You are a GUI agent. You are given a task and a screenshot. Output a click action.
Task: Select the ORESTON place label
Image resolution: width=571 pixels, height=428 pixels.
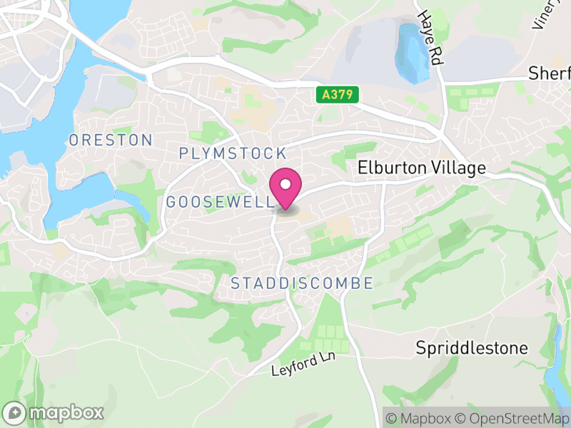tap(111, 140)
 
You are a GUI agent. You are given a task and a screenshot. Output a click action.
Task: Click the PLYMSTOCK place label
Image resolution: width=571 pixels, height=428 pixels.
tap(233, 153)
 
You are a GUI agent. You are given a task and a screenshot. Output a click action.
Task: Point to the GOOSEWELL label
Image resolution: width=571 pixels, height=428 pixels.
tap(220, 203)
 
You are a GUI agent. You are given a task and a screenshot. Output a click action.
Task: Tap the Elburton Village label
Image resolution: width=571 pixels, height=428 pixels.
tap(421, 168)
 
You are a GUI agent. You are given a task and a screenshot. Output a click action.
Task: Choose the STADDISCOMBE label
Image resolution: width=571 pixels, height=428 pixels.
tap(302, 283)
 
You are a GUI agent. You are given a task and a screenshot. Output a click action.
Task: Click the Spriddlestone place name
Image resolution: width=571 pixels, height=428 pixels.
tap(473, 348)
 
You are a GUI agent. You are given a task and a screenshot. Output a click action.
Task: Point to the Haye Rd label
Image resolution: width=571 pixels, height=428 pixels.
tap(431, 39)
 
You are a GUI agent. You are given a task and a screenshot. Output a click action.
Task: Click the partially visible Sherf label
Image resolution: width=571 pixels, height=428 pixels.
tap(549, 73)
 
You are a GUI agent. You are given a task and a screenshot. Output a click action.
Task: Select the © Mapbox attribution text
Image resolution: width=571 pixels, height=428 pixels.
tap(421, 417)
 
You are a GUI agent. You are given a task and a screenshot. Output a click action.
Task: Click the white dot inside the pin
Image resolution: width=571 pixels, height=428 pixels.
tap(286, 185)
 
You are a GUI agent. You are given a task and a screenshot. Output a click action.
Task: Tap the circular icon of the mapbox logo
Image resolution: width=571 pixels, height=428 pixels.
tap(15, 412)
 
